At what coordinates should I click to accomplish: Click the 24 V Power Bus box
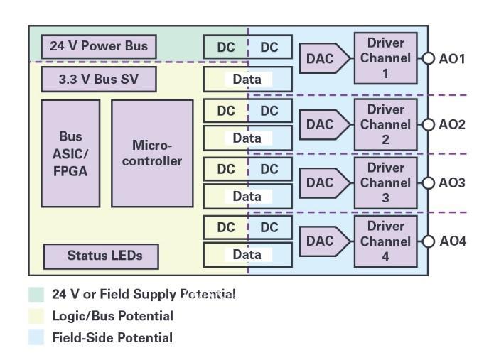(x=98, y=47)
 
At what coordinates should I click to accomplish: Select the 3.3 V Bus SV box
(x=98, y=79)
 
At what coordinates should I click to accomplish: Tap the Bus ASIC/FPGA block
(x=70, y=153)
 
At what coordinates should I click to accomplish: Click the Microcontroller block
(x=152, y=153)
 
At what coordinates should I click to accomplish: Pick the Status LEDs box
(x=101, y=256)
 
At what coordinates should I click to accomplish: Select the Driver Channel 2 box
(x=385, y=124)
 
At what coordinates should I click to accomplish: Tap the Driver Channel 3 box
(x=385, y=182)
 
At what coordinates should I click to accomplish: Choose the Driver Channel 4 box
(x=385, y=241)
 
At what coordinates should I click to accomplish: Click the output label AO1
(x=451, y=59)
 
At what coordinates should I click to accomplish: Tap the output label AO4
(x=452, y=241)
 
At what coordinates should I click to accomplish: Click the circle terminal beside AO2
(x=427, y=125)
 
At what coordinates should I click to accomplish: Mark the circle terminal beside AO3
(x=427, y=183)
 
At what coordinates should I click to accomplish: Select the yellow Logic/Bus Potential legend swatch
(x=36, y=316)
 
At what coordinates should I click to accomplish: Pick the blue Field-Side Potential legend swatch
(x=36, y=338)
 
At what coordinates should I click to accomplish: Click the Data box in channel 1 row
(x=247, y=80)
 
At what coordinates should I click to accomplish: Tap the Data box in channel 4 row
(x=247, y=255)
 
